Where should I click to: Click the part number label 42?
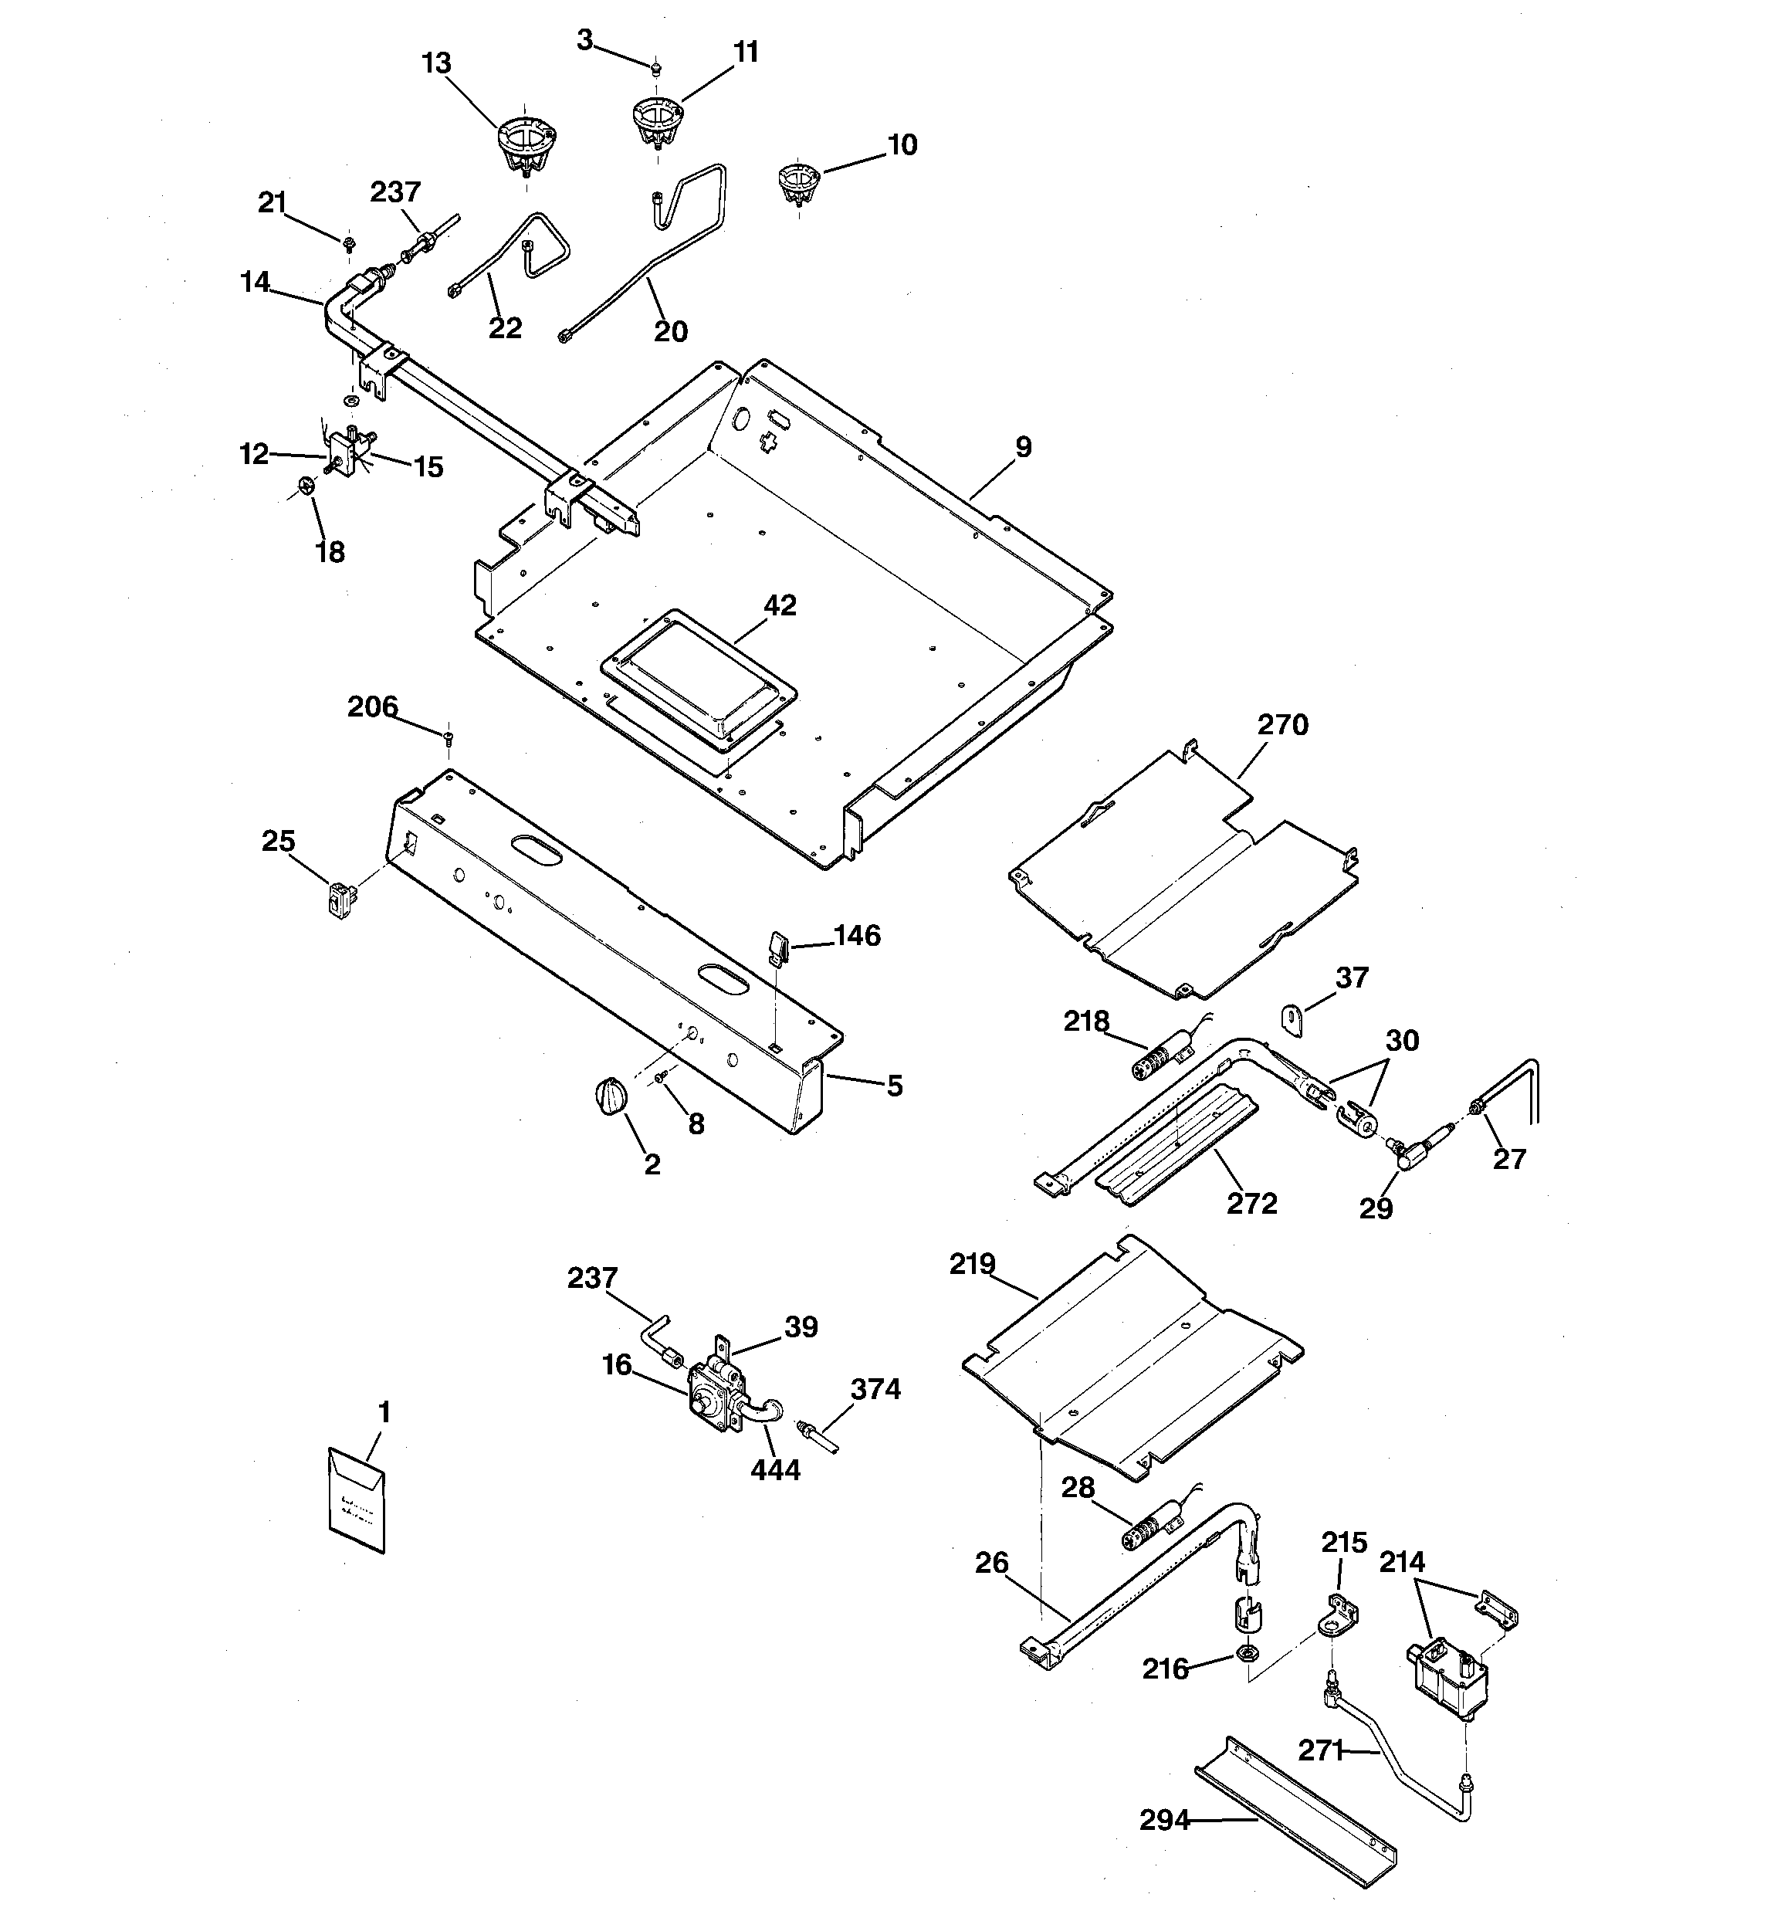pos(780,605)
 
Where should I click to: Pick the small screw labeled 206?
pos(449,737)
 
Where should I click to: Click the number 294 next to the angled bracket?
pos(1164,1820)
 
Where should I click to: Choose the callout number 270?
pos(1282,725)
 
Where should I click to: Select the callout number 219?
pos(972,1264)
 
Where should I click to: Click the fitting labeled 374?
pos(818,1436)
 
